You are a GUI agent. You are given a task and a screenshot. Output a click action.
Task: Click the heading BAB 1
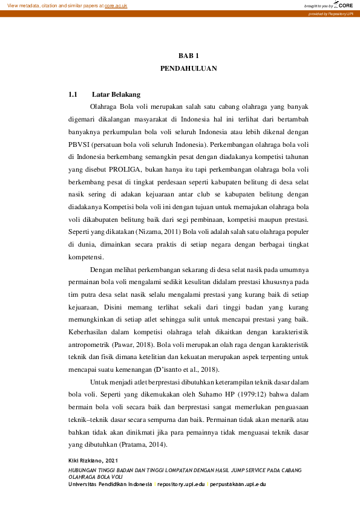pyautogui.click(x=188, y=56)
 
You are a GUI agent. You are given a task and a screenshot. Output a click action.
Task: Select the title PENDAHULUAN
pyautogui.click(x=188, y=69)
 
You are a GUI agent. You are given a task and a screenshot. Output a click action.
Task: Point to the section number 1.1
pyautogui.click(x=73, y=94)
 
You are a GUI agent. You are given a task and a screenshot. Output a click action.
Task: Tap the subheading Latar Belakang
pyautogui.click(x=116, y=94)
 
